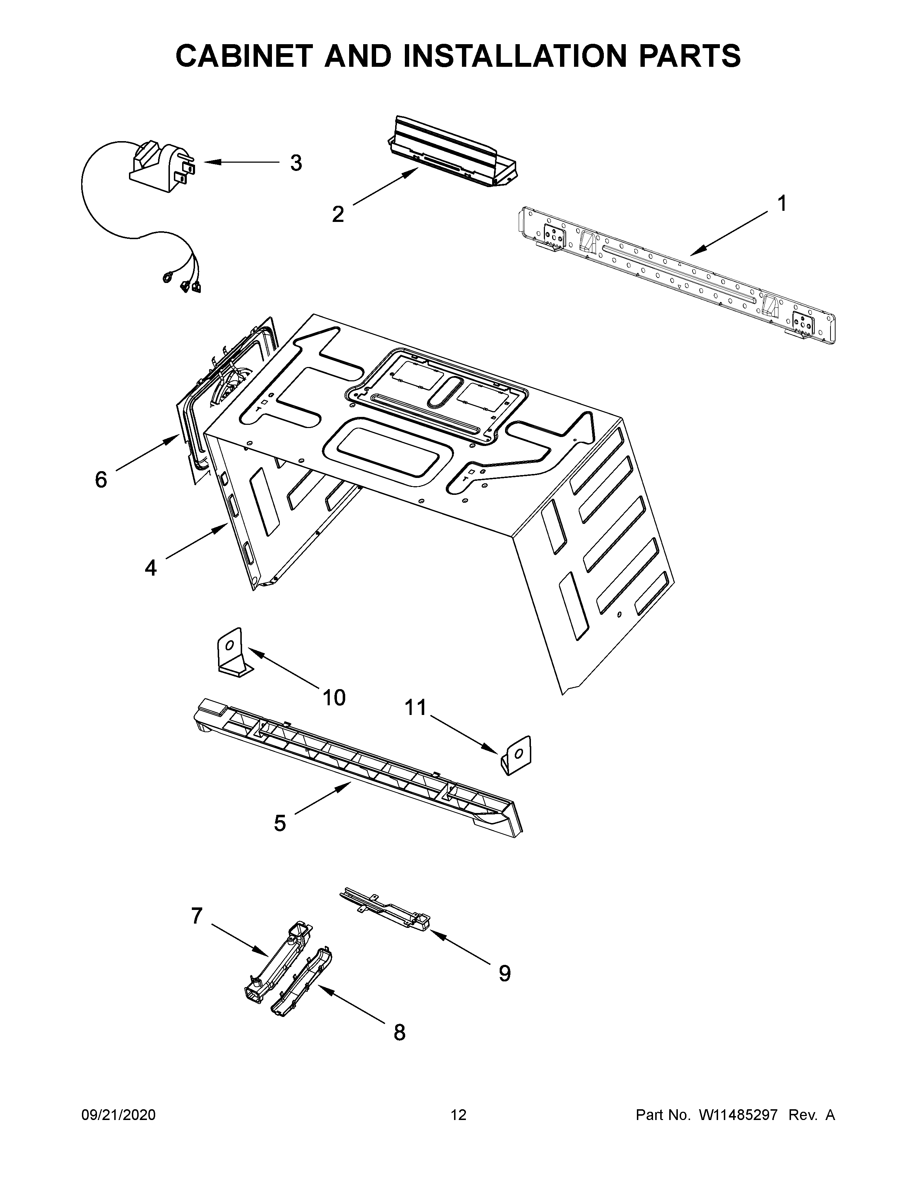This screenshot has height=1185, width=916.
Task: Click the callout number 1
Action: (x=781, y=204)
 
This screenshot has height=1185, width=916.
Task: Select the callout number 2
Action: (x=338, y=214)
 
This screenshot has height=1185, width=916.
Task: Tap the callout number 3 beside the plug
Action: (x=296, y=163)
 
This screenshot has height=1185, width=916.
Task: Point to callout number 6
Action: (x=101, y=480)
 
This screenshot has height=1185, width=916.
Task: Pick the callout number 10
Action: (x=334, y=698)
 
